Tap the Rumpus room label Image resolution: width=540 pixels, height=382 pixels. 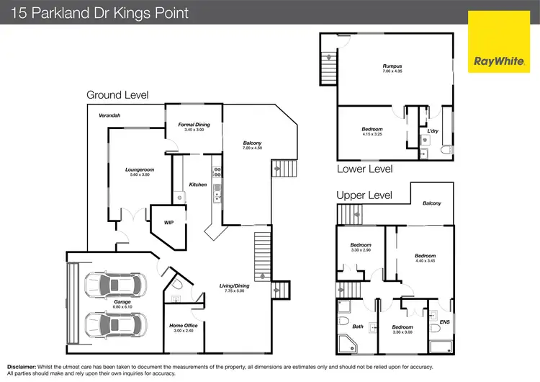(x=392, y=66)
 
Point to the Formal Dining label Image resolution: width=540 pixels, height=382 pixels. (x=194, y=125)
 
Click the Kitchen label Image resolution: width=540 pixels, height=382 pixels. (x=198, y=185)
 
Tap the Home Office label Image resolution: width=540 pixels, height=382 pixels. (x=184, y=326)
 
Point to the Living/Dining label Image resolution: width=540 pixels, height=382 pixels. (x=235, y=285)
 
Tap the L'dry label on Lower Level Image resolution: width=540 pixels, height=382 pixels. (x=433, y=131)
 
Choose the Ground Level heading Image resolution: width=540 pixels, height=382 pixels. (x=117, y=95)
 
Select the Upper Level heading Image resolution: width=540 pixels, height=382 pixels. (x=364, y=195)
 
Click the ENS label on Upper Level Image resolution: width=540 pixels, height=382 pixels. (x=444, y=322)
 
